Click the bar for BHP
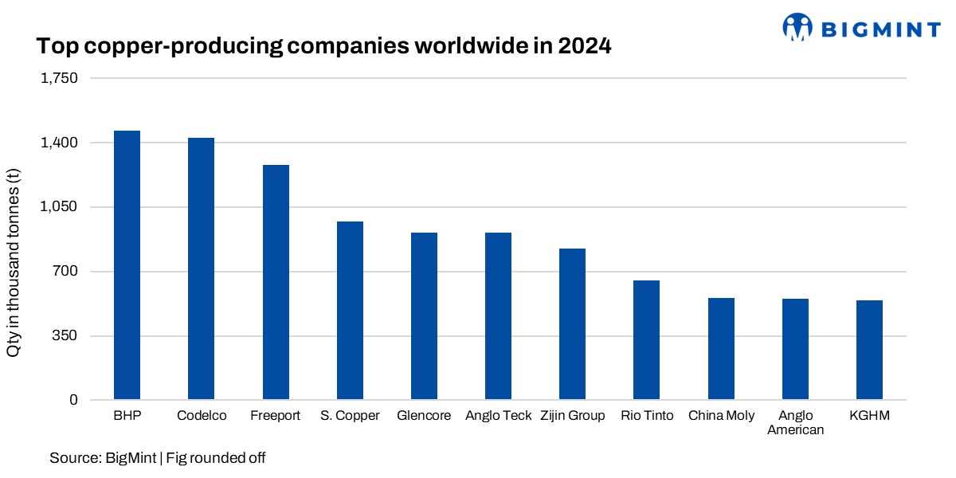point(127,265)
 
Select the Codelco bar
point(201,268)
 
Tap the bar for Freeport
point(276,282)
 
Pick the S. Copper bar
point(350,311)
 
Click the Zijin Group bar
point(572,324)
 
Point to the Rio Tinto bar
point(646,340)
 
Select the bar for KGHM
point(869,350)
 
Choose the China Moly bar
point(721,349)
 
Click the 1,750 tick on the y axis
point(61,79)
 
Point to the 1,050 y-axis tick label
point(61,207)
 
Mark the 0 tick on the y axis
point(74,400)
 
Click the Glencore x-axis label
point(424,416)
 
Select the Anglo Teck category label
point(498,416)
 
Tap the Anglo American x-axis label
point(795,423)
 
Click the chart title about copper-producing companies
point(323,47)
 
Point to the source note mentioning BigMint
point(157,458)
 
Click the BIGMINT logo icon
point(797,27)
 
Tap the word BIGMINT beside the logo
point(880,29)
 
